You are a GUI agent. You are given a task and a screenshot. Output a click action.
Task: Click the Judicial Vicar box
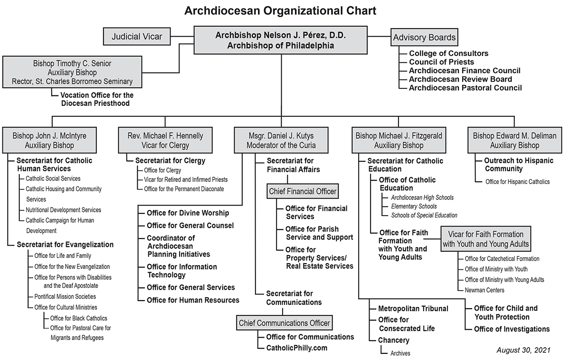pos(137,37)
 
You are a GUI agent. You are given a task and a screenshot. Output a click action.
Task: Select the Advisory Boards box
pos(424,37)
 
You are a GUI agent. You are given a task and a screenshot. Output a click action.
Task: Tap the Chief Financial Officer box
pos(303,191)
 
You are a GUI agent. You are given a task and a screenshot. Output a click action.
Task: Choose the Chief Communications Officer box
pos(284,323)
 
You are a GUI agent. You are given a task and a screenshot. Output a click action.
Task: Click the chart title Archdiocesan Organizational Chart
pos(280,10)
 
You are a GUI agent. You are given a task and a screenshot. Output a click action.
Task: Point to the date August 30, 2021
pos(523,350)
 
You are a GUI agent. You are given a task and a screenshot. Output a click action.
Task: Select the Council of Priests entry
pos(441,62)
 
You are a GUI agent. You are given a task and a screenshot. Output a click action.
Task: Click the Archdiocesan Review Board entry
pos(460,79)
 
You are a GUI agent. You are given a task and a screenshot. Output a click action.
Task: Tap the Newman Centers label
pos(484,290)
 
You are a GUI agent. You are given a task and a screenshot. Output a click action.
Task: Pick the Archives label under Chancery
pos(400,353)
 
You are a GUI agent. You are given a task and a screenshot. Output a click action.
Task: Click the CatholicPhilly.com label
pos(297,348)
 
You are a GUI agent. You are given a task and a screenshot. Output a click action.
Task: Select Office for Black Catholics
pos(79,318)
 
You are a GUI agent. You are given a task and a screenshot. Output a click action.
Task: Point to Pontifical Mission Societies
pos(65,296)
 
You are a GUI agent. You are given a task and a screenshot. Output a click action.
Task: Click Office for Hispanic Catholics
pos(517,181)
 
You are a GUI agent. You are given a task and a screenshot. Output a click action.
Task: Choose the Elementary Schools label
pos(414,206)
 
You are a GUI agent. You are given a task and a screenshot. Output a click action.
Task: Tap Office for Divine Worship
pos(188,213)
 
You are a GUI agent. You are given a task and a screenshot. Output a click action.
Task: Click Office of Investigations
pos(512,329)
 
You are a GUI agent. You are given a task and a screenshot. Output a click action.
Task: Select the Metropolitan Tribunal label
pos(413,309)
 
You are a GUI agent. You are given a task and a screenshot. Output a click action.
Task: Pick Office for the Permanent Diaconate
pos(184,189)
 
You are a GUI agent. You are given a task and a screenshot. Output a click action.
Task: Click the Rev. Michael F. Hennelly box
pos(165,140)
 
